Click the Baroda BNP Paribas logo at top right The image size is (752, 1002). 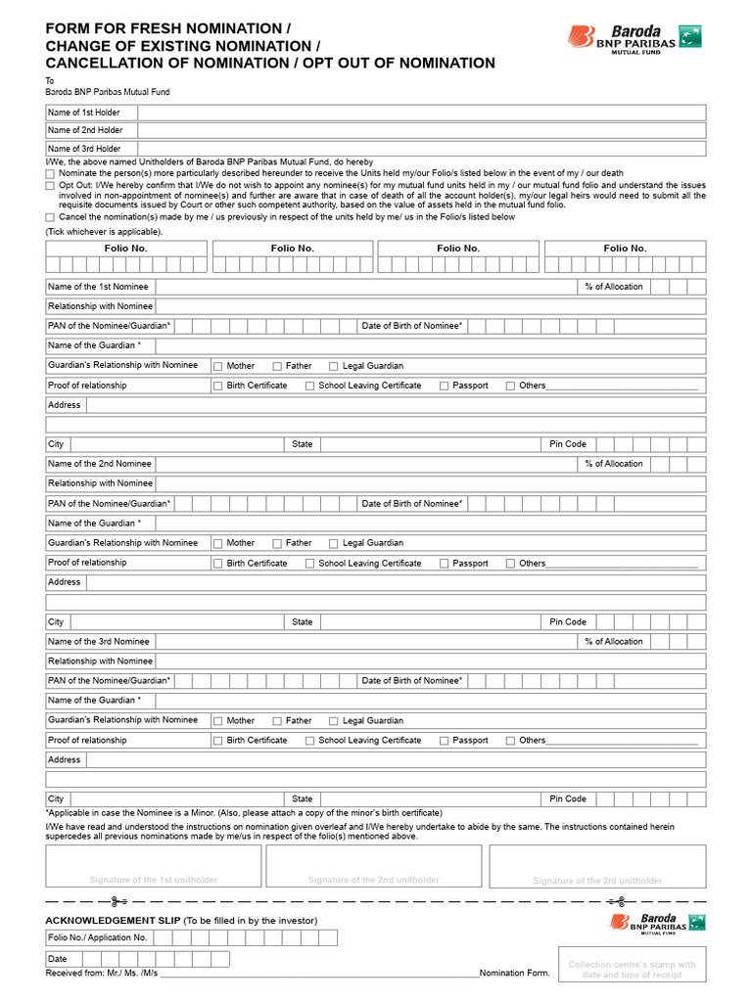pos(634,37)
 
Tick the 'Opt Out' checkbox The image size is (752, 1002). pos(50,185)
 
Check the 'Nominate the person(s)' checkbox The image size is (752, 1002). pos(50,173)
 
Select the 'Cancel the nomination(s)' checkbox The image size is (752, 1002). pos(50,217)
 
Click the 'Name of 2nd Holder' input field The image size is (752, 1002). pos(421,130)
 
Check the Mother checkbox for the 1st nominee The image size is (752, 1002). pos(218,366)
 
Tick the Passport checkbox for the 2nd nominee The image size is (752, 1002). pos(445,564)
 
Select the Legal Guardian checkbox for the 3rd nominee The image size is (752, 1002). pos(334,721)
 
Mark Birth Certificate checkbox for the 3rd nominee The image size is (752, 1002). pos(218,741)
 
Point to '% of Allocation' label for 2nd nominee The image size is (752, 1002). pos(614,464)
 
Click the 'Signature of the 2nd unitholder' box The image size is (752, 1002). pos(374,866)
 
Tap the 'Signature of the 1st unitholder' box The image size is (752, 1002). pos(154,866)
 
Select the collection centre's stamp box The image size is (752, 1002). pos(632,970)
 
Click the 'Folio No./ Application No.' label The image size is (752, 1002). pos(97,938)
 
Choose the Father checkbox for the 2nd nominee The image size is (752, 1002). pos(277,543)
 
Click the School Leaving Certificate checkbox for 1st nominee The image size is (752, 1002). pos(310,386)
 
